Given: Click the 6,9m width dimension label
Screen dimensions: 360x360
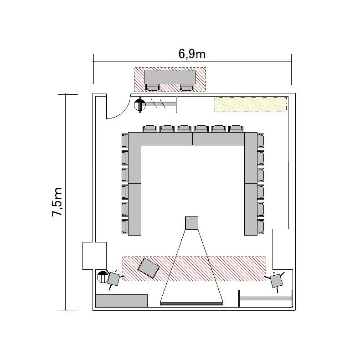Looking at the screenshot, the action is (x=192, y=54).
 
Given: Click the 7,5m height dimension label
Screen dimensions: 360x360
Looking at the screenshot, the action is (x=57, y=202).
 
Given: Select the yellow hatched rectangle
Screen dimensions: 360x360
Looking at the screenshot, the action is (x=251, y=104).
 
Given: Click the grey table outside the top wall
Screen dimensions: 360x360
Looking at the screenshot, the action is (x=170, y=77).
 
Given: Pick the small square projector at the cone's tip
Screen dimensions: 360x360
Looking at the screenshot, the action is (x=192, y=223).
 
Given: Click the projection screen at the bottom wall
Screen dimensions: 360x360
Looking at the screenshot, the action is (x=191, y=304).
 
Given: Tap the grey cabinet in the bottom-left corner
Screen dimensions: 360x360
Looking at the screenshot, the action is (x=122, y=301).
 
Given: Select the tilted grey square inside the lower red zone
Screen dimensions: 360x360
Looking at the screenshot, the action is (x=149, y=268).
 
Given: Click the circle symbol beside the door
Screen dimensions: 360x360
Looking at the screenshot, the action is (x=140, y=105).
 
